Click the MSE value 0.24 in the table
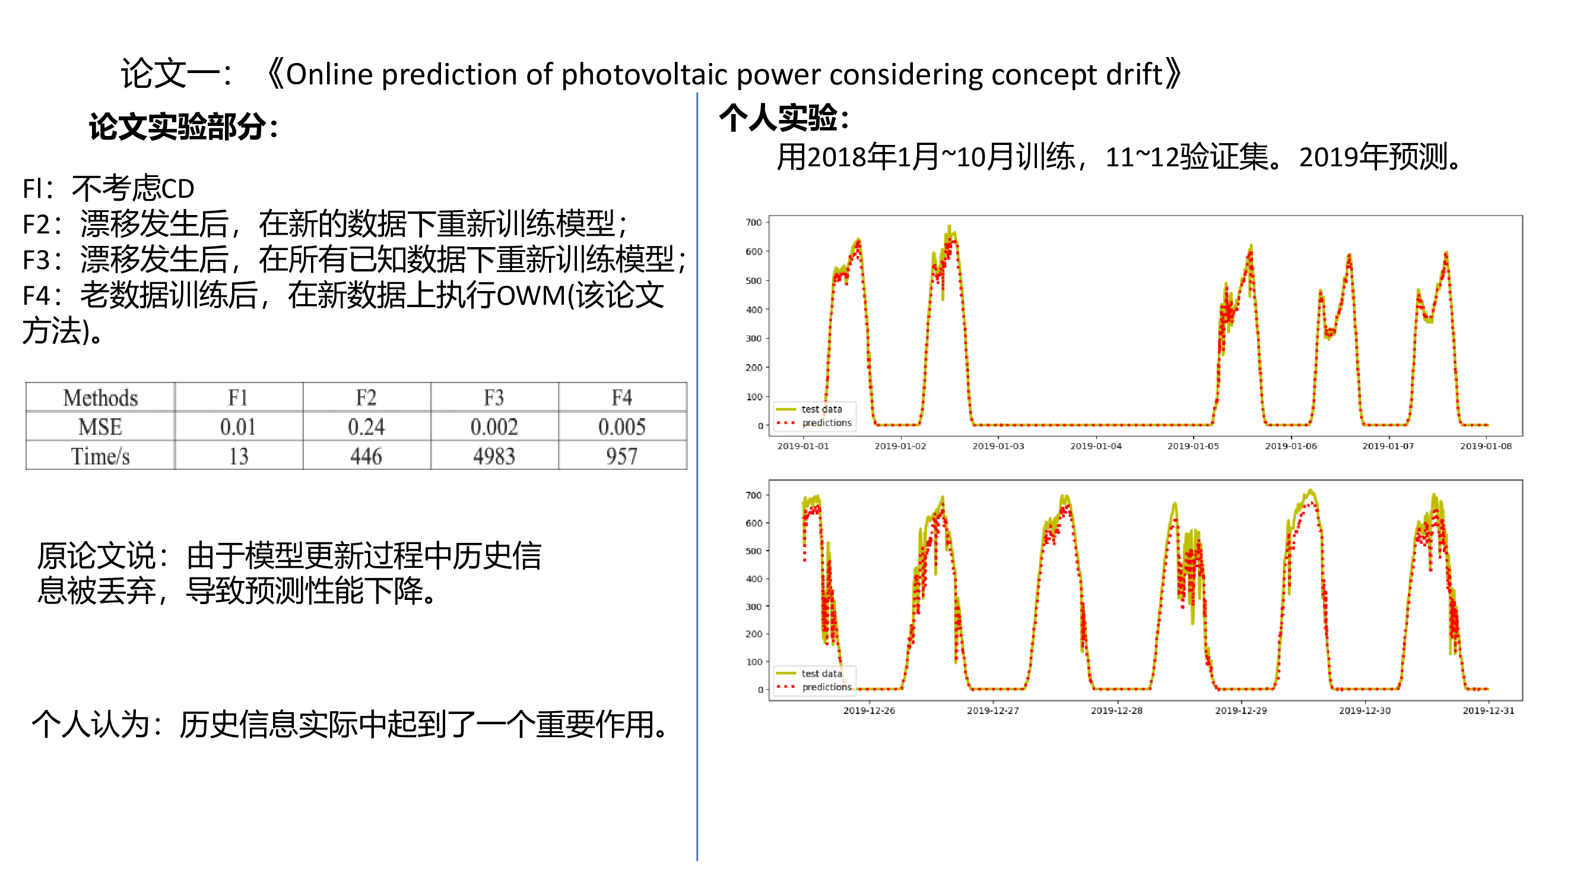[x=366, y=426]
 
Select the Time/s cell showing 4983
[x=494, y=456]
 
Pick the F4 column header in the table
[x=621, y=397]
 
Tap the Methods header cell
[x=100, y=397]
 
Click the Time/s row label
[x=100, y=456]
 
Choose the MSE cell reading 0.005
[x=622, y=426]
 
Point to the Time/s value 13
[x=239, y=456]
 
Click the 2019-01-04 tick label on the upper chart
[x=1096, y=446]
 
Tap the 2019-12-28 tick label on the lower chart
[x=1116, y=710]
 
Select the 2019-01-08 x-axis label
[x=1486, y=446]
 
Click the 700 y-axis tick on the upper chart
[x=753, y=222]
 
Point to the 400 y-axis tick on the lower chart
[x=753, y=579]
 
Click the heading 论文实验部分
[x=177, y=127]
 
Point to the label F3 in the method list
[x=36, y=260]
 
